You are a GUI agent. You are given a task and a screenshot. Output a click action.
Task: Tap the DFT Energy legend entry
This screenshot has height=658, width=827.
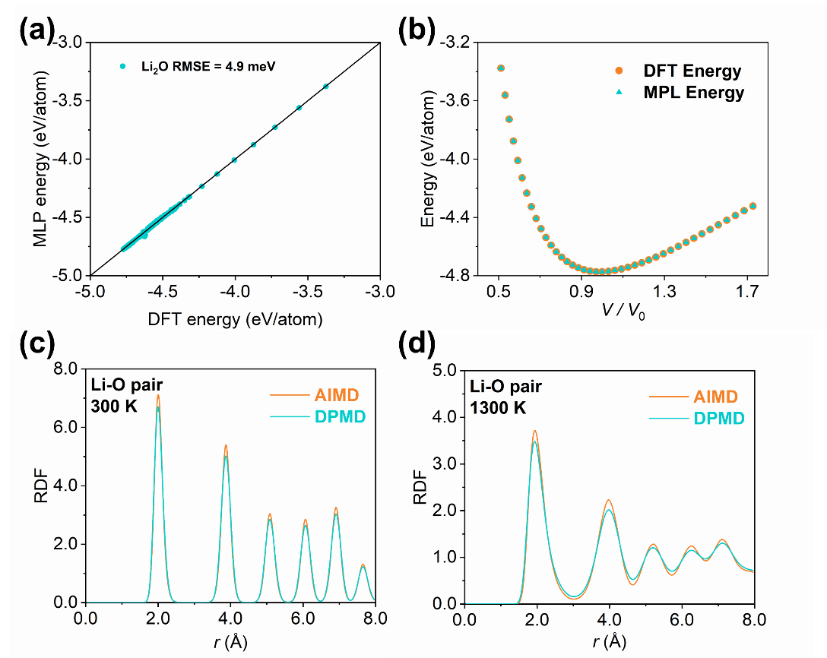pos(690,71)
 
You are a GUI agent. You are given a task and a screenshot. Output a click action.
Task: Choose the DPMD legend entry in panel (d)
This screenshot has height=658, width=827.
pos(696,418)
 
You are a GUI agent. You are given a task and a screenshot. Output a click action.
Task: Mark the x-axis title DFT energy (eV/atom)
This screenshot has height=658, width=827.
pos(235,319)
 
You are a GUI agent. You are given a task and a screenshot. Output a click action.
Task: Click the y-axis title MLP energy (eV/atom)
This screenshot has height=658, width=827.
pos(41,159)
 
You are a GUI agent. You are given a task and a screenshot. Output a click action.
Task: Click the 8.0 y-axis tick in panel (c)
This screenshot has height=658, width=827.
pos(68,369)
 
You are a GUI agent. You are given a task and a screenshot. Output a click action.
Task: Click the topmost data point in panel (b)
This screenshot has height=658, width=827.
pos(500,68)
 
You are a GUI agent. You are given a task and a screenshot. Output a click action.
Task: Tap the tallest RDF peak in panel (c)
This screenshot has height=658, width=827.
pos(158,396)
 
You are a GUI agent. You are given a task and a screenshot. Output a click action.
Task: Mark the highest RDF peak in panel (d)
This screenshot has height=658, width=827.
pos(535,432)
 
